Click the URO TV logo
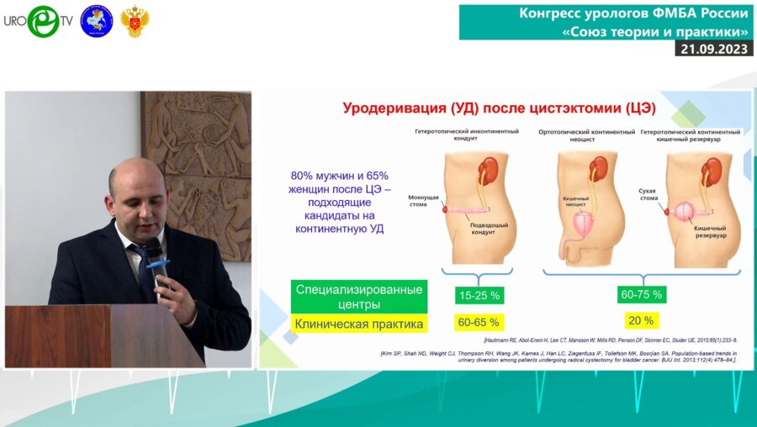click(38, 21)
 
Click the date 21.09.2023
click(713, 49)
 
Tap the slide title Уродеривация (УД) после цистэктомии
click(499, 108)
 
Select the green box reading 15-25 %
click(478, 295)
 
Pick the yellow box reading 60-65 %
click(478, 322)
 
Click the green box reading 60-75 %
click(642, 294)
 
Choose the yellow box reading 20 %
click(642, 319)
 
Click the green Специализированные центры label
click(359, 295)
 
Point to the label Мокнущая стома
click(424, 200)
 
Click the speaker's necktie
click(145, 274)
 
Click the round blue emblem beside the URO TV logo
click(96, 21)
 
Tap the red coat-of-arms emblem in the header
click(134, 21)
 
